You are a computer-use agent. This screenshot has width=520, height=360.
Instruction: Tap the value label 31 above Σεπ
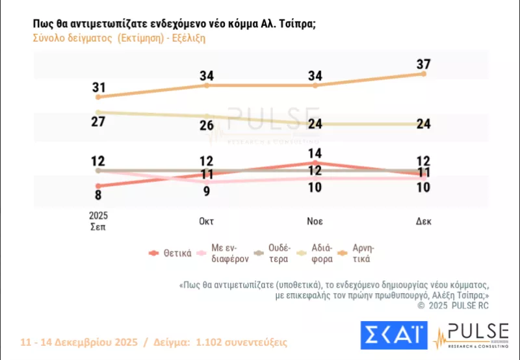click(x=99, y=86)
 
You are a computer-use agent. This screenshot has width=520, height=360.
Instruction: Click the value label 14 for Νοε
click(x=315, y=154)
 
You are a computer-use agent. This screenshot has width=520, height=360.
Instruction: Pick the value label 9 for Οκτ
click(x=207, y=190)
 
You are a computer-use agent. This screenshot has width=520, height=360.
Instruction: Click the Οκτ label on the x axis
click(x=207, y=221)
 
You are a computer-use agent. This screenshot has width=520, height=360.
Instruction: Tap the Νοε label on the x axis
click(x=315, y=221)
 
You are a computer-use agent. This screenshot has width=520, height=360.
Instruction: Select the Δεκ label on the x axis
click(x=424, y=221)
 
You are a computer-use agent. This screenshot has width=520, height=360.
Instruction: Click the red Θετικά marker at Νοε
click(x=315, y=162)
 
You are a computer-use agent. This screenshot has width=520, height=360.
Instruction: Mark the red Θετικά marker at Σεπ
click(x=99, y=186)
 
